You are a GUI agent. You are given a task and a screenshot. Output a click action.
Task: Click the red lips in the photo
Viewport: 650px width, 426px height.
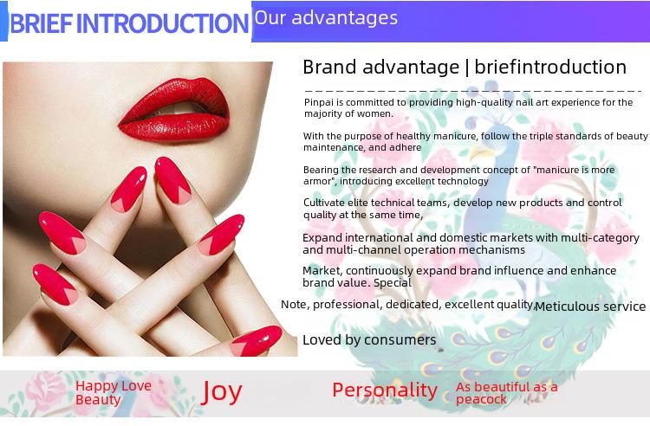174,110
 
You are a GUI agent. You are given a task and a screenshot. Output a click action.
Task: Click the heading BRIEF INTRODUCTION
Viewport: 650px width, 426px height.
129,23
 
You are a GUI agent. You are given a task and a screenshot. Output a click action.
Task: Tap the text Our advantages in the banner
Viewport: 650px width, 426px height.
326,18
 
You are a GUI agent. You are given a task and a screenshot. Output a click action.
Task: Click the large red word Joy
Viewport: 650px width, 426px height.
221,391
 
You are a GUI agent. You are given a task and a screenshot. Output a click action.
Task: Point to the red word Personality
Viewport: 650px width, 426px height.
385,390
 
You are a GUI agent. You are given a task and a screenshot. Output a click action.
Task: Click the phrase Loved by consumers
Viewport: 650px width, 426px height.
369,340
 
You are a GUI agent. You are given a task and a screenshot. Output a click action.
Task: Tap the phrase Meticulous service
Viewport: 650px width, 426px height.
590,307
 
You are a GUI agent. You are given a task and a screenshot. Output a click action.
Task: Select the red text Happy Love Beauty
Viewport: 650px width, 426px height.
114,392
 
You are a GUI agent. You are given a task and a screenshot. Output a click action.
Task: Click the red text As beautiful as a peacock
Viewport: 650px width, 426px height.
507,393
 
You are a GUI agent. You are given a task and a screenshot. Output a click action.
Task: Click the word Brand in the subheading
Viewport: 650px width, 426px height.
329,67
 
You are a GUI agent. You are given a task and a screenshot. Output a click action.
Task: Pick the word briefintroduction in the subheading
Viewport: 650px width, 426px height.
550,67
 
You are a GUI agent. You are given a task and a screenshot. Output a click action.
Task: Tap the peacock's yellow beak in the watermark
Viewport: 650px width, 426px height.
481,153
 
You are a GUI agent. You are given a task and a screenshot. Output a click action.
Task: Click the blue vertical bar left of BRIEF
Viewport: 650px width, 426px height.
3,22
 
